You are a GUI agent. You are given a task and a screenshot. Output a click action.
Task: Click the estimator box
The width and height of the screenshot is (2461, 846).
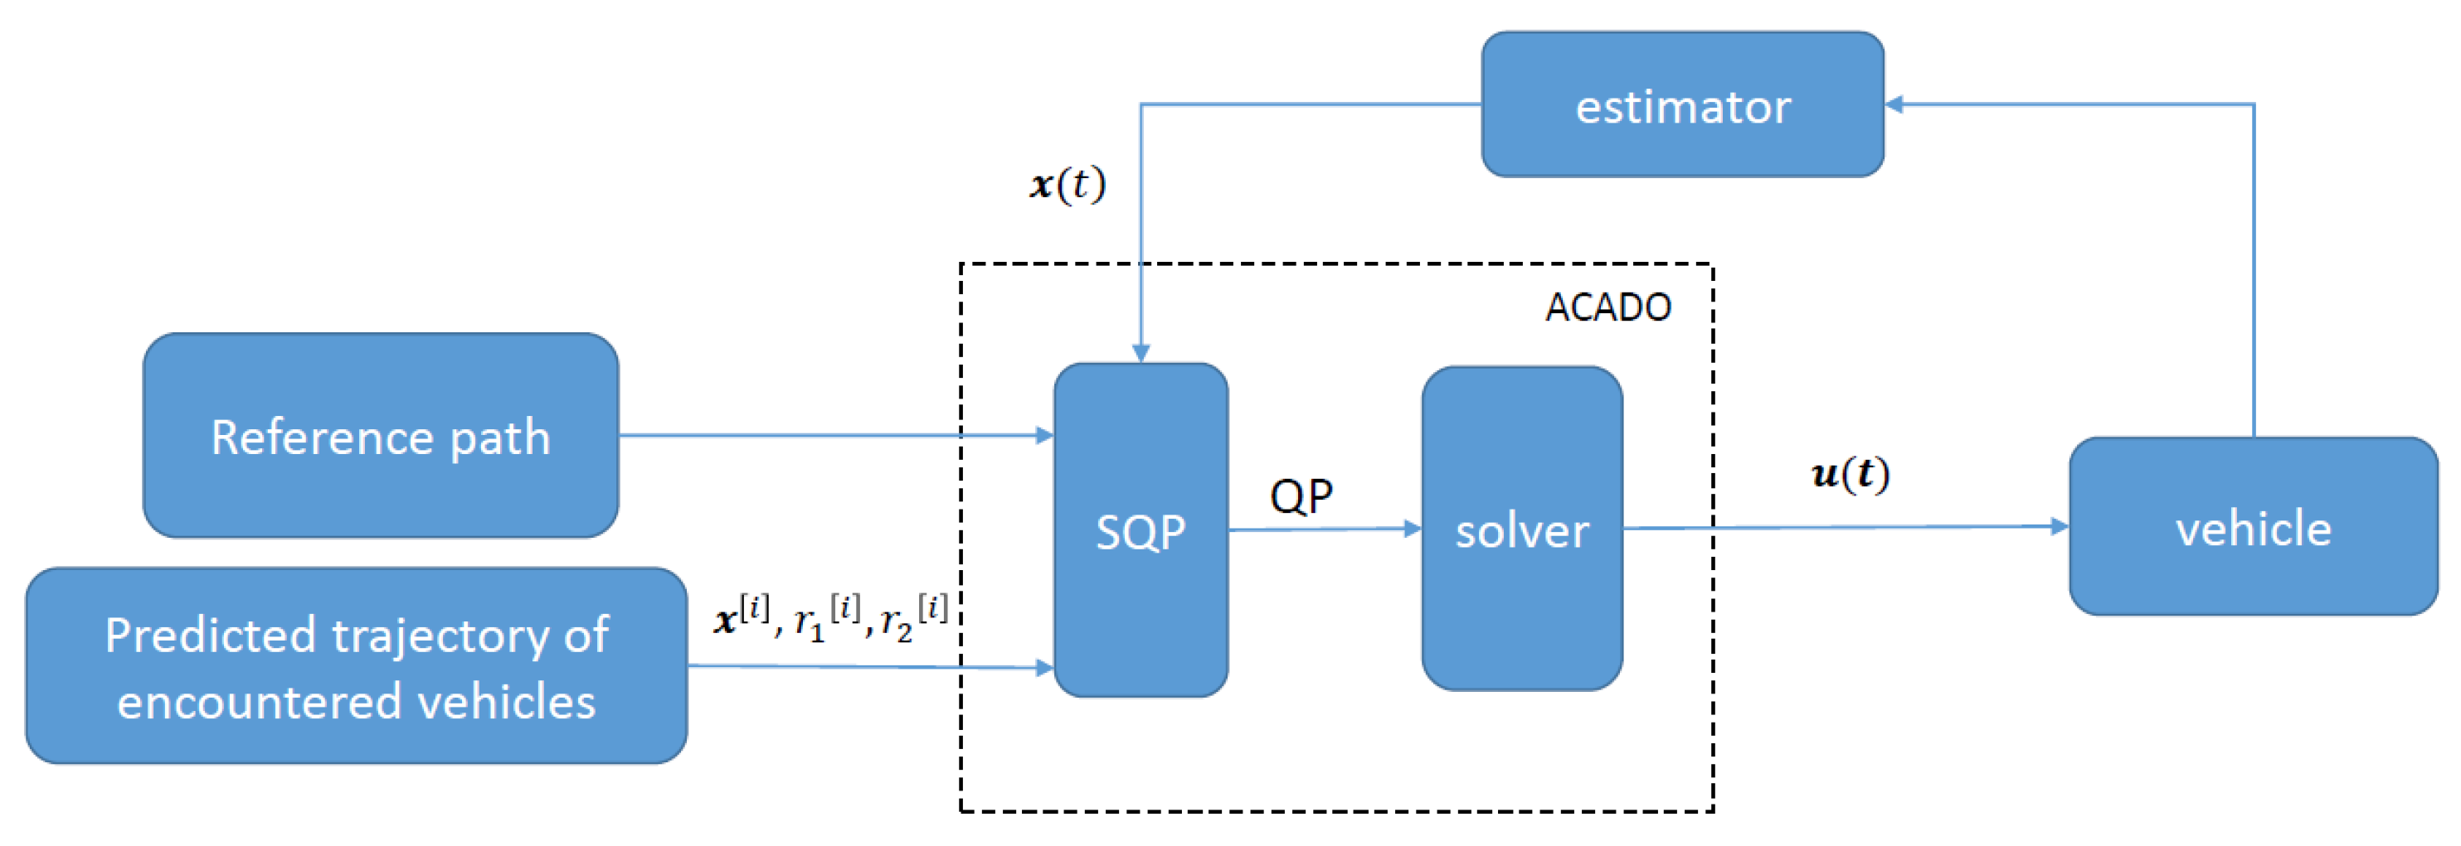click(1682, 104)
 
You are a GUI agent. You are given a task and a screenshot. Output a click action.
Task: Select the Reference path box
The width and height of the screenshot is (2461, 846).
click(380, 435)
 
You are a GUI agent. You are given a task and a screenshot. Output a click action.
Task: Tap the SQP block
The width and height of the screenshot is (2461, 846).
click(1141, 530)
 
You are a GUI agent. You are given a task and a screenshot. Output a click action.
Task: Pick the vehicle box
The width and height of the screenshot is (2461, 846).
click(2253, 526)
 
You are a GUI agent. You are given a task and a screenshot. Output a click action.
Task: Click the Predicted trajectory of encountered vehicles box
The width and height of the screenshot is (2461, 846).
click(355, 665)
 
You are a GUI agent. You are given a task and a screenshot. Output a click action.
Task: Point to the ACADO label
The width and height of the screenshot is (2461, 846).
click(1607, 307)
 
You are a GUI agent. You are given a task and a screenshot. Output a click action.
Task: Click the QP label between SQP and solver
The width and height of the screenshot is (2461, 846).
click(1301, 496)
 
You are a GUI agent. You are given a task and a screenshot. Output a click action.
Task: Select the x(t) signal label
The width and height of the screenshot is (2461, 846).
click(1068, 183)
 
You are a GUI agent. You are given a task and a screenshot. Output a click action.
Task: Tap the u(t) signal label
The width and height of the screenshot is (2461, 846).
click(1851, 474)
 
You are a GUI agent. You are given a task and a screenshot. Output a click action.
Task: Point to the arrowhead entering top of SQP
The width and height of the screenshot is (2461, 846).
click(1141, 353)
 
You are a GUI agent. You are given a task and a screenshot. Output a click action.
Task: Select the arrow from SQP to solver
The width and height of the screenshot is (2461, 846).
click(1323, 529)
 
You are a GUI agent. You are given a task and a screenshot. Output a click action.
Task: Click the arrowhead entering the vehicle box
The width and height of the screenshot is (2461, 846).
click(2059, 526)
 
